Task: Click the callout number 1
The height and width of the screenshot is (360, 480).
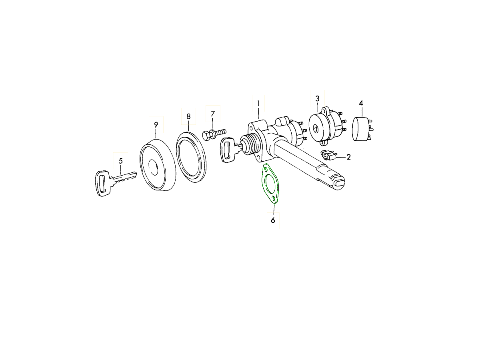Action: tap(258, 103)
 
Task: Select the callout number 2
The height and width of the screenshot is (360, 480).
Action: tap(348, 157)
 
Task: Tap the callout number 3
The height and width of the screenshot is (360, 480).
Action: tap(317, 98)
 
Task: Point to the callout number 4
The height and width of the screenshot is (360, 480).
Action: tap(361, 103)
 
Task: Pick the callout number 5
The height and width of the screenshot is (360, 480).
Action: tap(120, 161)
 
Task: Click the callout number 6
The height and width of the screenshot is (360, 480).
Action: tap(273, 220)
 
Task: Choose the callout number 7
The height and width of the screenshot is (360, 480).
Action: tap(213, 114)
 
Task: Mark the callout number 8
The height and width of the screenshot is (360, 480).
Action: tap(188, 116)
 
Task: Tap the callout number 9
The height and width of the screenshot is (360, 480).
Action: tap(156, 124)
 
